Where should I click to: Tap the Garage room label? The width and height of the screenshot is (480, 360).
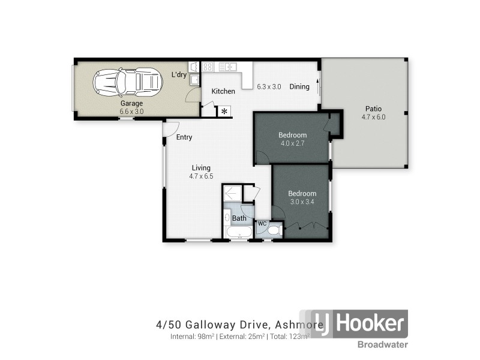click(131, 103)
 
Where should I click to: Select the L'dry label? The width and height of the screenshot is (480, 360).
click(179, 75)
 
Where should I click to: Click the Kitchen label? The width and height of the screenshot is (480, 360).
click(223, 91)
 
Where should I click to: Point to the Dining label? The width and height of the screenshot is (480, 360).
click(299, 86)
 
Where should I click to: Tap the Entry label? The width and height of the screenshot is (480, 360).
click(184, 137)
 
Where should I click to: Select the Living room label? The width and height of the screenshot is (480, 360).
click(201, 168)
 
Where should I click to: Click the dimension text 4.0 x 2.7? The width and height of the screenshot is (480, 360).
click(293, 143)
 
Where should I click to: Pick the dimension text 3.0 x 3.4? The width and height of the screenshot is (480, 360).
click(302, 202)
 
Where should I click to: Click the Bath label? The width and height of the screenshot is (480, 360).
click(239, 218)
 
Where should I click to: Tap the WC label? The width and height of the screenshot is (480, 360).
click(262, 223)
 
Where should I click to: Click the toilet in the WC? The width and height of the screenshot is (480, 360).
click(273, 230)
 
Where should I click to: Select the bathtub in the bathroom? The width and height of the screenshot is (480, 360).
click(239, 232)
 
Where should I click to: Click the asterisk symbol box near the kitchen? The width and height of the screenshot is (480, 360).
click(224, 112)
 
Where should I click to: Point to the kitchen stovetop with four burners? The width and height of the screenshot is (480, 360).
click(208, 67)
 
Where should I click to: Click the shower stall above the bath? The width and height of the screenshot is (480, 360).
click(232, 194)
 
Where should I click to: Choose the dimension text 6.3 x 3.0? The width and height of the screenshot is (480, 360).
click(269, 86)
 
